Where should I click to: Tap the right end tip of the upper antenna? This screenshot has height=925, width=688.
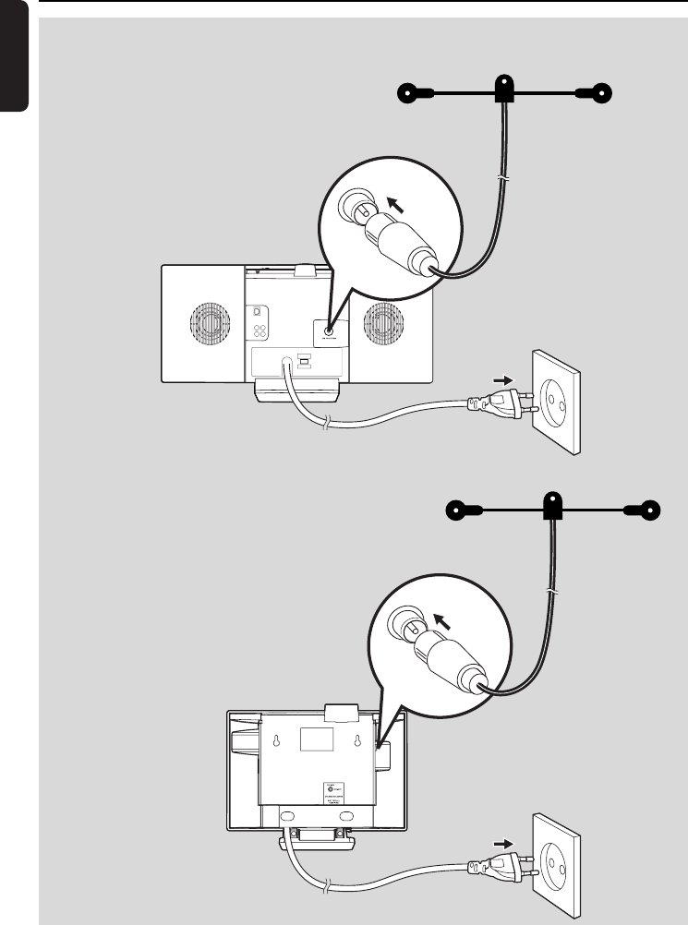point(603,92)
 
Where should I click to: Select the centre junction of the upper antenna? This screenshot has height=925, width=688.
point(504,90)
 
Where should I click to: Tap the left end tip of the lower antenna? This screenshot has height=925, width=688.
point(455,509)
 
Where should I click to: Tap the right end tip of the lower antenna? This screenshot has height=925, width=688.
point(652,509)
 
